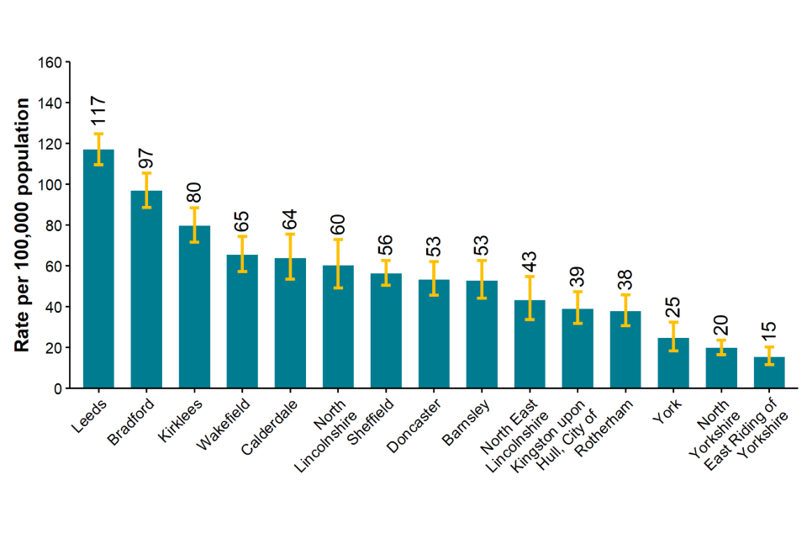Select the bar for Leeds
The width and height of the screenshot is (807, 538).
[x=98, y=269]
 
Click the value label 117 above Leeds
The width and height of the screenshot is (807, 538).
[x=98, y=112]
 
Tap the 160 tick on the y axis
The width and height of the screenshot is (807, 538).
[x=50, y=62]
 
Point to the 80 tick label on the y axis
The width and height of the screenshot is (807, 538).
[x=54, y=225]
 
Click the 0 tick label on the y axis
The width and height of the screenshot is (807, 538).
[x=58, y=388]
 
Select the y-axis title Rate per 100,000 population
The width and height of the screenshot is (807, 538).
[x=23, y=225]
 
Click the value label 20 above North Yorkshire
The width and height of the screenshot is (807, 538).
[x=721, y=325]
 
